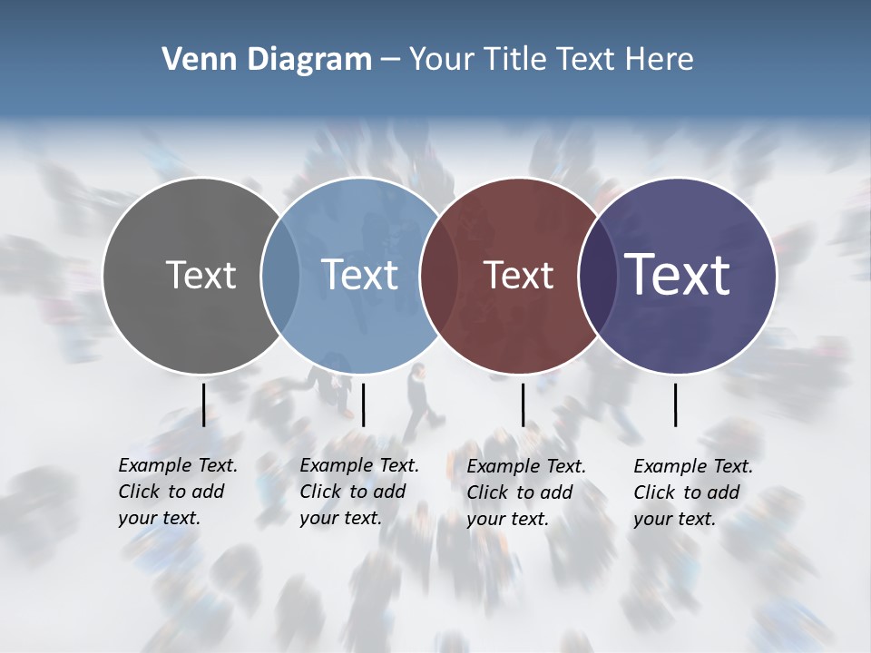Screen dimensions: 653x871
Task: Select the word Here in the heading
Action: coord(660,60)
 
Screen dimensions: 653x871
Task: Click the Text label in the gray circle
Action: coord(201,275)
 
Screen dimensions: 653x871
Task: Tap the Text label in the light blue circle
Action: coord(360,275)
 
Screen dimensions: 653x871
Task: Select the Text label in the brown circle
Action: coord(518,275)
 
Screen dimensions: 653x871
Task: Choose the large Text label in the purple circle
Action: coord(678,274)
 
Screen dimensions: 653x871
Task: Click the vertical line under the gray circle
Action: coord(203,404)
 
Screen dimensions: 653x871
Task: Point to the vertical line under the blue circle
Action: coord(363,404)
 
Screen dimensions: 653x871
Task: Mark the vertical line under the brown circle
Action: coord(523,404)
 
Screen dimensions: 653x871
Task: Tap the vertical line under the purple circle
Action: coord(675,404)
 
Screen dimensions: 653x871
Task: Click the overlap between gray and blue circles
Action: coord(280,275)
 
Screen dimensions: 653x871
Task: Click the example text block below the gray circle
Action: coord(178,492)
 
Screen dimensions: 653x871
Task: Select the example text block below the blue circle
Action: coord(359,492)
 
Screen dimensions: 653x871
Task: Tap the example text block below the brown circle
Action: coord(526,492)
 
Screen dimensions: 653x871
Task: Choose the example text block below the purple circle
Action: coord(693,492)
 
